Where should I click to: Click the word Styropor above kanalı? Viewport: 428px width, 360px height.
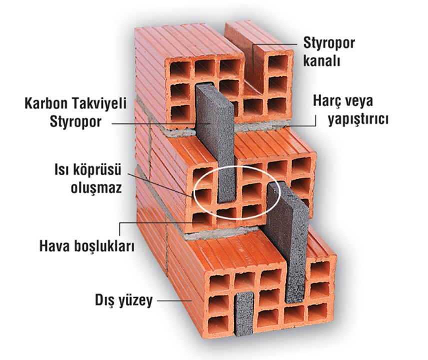point(329,43)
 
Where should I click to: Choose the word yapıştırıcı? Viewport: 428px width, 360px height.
point(358,119)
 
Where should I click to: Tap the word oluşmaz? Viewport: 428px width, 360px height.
point(96,188)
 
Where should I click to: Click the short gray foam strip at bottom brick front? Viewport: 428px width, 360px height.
point(244,313)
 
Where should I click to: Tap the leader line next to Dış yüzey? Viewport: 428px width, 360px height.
point(175,300)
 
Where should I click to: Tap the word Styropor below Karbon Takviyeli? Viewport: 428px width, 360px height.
point(75,122)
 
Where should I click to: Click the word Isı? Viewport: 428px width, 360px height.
point(62,170)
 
